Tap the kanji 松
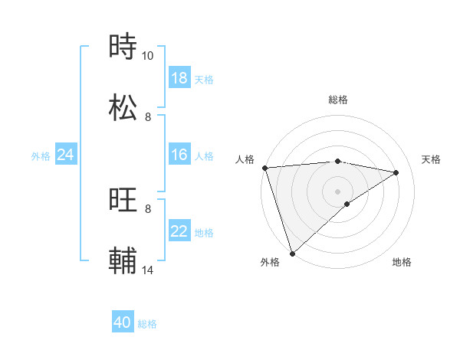coord(124,107)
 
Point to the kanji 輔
coord(124,260)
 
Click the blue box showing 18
coord(179,78)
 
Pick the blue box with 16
coord(179,155)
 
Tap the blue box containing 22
coord(179,232)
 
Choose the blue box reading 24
coord(66,155)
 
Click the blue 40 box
coord(123,322)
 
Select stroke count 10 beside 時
coord(148,56)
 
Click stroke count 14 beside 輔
coord(148,270)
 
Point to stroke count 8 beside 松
coord(148,117)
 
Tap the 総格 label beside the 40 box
coord(147,324)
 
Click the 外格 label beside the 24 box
coord(41,156)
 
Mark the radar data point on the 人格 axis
coord(264,168)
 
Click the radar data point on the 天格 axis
coord(396,172)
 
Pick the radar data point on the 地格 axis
coord(347,203)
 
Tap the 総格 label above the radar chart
coord(338,100)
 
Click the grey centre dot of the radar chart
coord(338,191)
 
